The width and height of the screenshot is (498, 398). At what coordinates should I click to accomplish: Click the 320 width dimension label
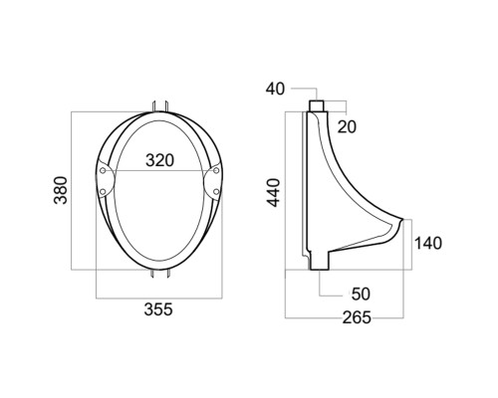point(159,160)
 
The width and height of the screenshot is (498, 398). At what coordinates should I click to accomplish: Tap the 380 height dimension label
point(61,190)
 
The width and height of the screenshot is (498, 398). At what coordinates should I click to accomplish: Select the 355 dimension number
point(158,309)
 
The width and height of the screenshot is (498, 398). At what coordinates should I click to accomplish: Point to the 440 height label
point(274,192)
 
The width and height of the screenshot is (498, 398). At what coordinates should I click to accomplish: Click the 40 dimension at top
point(275,89)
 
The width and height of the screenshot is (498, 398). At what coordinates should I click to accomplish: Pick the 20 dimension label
point(347,126)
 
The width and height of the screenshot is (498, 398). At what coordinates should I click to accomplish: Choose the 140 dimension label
point(428,243)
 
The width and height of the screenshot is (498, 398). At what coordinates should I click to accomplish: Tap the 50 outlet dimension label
point(361,294)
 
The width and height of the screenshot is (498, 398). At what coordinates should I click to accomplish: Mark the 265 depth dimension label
point(357,317)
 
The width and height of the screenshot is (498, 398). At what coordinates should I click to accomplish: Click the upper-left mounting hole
point(103,170)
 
